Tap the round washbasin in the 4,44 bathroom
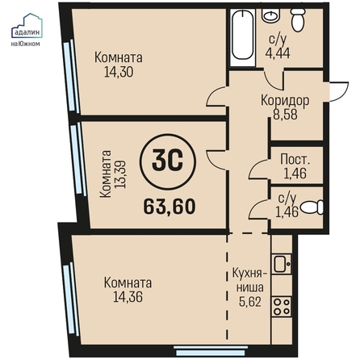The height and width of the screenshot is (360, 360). pyautogui.click(x=270, y=15)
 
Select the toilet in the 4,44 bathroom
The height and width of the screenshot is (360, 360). pyautogui.click(x=299, y=20)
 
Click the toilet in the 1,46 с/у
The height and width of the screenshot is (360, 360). pyautogui.click(x=312, y=207)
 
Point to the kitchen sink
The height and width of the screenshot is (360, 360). pyautogui.click(x=282, y=263)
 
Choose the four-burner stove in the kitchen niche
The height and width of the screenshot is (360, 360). pyautogui.click(x=282, y=307)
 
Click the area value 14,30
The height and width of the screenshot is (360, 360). pyautogui.click(x=119, y=72)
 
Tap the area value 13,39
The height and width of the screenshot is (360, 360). pyautogui.click(x=120, y=174)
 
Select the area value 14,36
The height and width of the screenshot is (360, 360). pyautogui.click(x=128, y=297)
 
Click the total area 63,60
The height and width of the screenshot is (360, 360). pyautogui.click(x=170, y=207)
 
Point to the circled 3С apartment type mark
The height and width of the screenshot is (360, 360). pyautogui.click(x=168, y=161)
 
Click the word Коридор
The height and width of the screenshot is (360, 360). pyautogui.click(x=285, y=101)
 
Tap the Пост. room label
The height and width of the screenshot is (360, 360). pyautogui.click(x=295, y=159)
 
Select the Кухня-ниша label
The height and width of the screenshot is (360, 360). pyautogui.click(x=249, y=280)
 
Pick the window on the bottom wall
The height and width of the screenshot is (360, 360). pyautogui.click(x=210, y=350)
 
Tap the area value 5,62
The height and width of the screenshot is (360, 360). pyautogui.click(x=250, y=302)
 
